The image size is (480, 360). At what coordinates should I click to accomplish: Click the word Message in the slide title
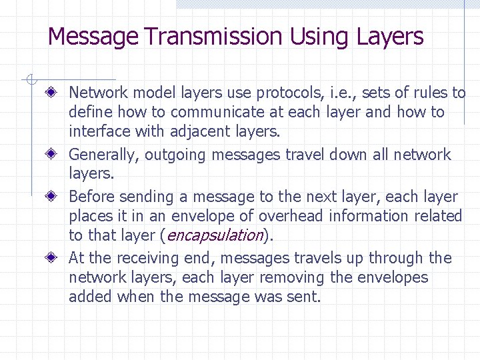coord(93,36)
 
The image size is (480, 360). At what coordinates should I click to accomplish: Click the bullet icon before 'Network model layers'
coord(60,92)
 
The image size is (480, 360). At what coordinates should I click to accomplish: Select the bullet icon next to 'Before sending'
coord(60,197)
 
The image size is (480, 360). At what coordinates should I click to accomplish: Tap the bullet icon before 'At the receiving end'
coord(60,258)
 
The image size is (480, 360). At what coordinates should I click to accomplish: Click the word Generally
coord(104,155)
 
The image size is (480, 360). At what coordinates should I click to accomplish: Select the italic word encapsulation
coord(215,235)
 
